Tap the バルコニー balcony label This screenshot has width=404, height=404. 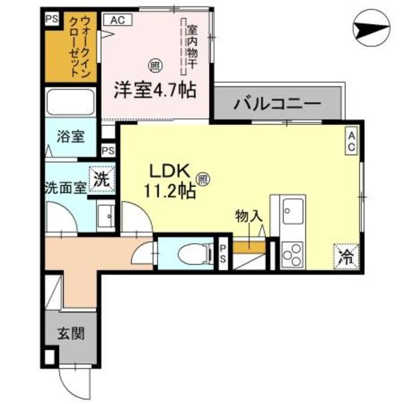tap(277, 104)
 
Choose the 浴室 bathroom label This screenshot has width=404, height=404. tap(69, 136)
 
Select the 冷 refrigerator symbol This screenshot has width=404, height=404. tap(347, 256)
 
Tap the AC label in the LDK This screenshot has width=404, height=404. tap(351, 140)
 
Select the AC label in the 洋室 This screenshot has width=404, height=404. tap(118, 20)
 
